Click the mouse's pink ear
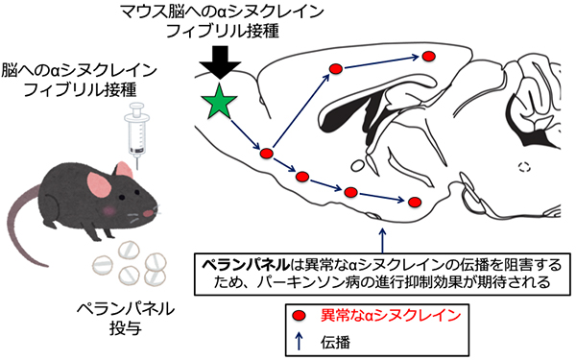(98, 182)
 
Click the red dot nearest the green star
(267, 153)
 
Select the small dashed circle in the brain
(523, 164)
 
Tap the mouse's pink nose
(155, 211)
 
